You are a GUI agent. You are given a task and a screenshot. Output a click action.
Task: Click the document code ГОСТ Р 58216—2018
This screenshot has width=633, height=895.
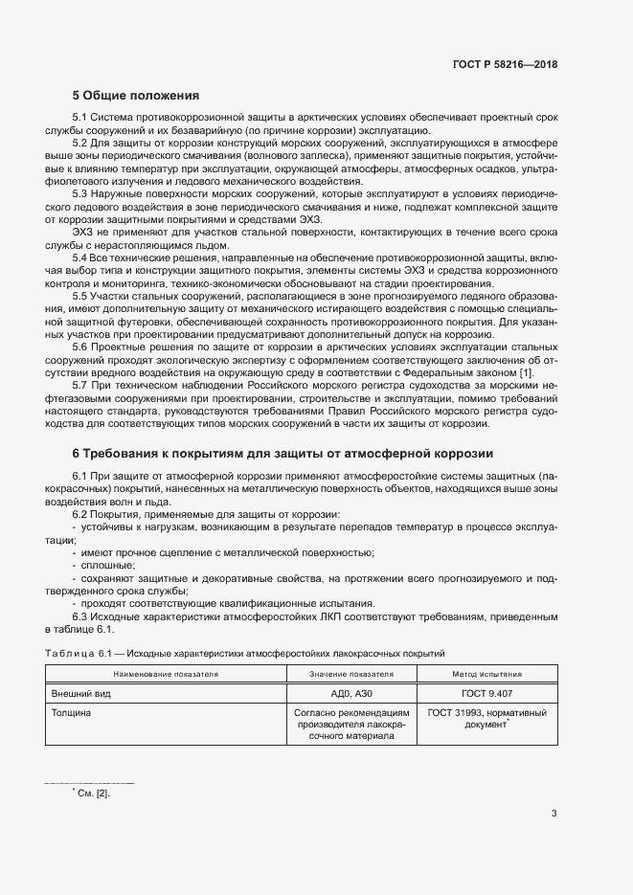pos(505,64)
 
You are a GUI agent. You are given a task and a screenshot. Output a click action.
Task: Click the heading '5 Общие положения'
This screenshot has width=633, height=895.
pos(135,96)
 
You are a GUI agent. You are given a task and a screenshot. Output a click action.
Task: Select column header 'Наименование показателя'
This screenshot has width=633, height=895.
pos(163,675)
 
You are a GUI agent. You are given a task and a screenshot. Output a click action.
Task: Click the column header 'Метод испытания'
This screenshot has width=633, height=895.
pos(488,675)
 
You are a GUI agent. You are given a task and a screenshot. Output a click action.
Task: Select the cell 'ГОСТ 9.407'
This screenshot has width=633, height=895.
pos(488,694)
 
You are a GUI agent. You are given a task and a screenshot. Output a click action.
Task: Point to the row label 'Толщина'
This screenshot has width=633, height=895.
pos(75,713)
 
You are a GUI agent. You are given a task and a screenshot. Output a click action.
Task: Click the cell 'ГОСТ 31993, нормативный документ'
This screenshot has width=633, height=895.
pos(488,719)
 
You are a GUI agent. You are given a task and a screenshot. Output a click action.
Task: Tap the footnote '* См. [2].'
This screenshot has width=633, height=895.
pos(91,792)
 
